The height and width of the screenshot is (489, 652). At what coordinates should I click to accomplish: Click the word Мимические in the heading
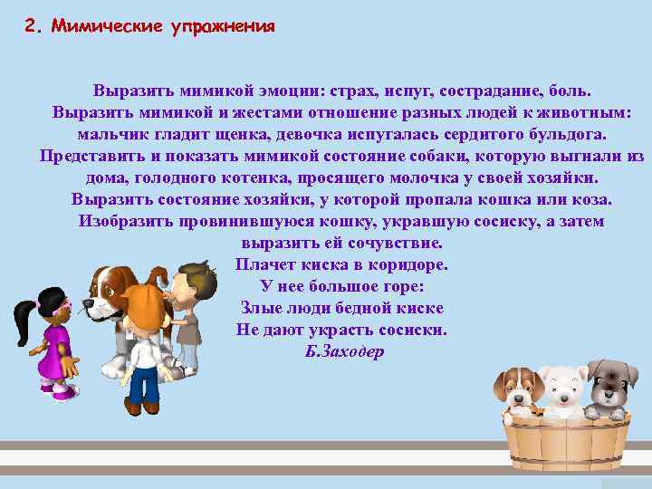pos(107,25)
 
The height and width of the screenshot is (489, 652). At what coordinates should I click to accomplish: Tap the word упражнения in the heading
pos(222,26)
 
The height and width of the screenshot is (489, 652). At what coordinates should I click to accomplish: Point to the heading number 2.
pos(33,25)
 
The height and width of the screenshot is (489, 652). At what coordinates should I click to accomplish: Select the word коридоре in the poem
pos(406,264)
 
